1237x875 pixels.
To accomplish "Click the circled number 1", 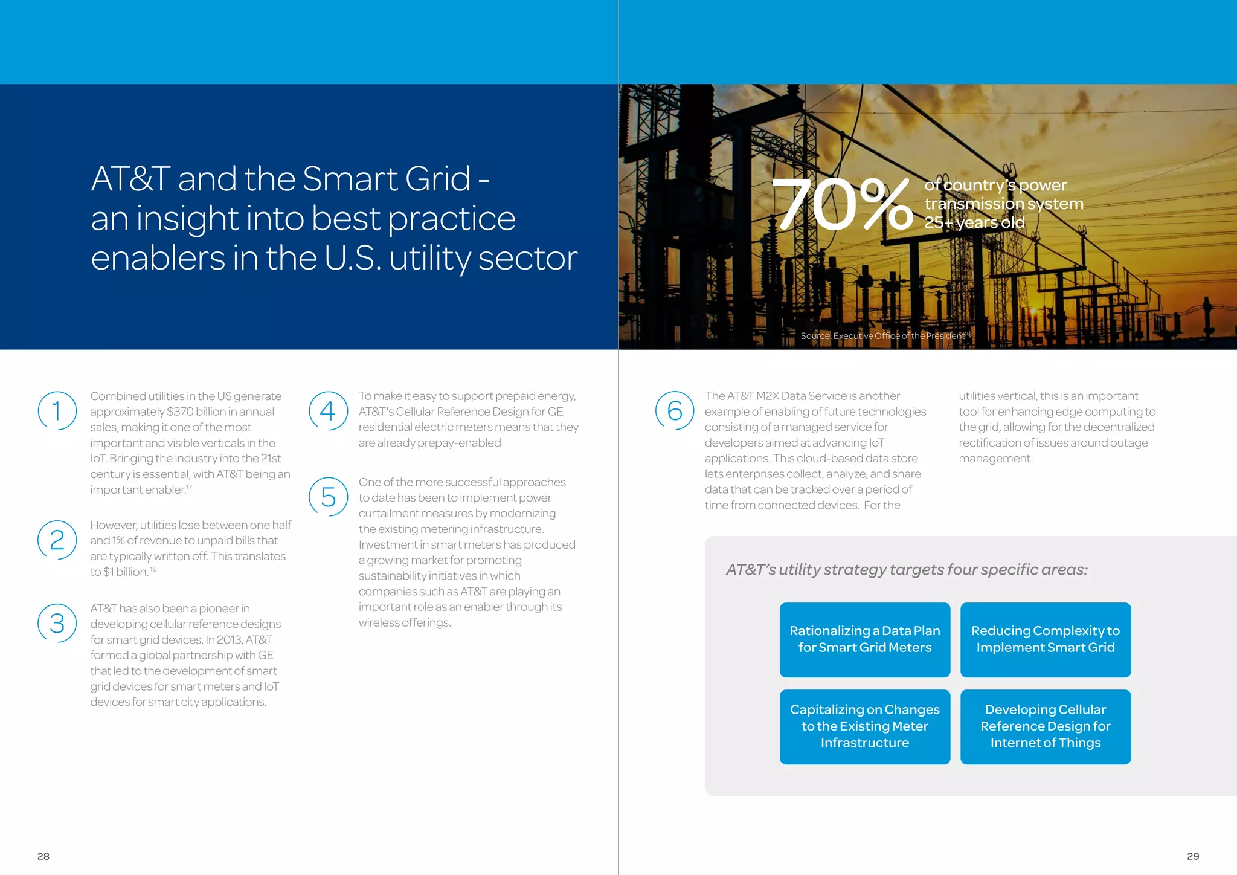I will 57,411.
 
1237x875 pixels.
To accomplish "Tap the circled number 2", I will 57,540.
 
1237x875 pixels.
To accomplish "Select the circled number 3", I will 57,623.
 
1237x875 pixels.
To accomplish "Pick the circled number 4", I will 328,411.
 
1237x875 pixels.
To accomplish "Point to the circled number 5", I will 328,497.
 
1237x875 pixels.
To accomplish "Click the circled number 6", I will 675,411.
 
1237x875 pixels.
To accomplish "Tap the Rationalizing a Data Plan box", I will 864,639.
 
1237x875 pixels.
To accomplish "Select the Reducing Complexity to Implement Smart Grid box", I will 1045,639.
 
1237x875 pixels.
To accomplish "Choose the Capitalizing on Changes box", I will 864,726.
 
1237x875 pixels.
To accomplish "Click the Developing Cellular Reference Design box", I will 1045,726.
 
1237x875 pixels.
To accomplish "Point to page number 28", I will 43,856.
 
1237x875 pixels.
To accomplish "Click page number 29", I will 1193,856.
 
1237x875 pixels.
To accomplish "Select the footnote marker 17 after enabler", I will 189,487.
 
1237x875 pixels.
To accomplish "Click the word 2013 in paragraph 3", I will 229,639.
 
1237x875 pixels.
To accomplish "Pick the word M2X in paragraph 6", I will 768,396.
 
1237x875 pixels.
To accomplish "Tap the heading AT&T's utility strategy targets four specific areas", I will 906,569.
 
